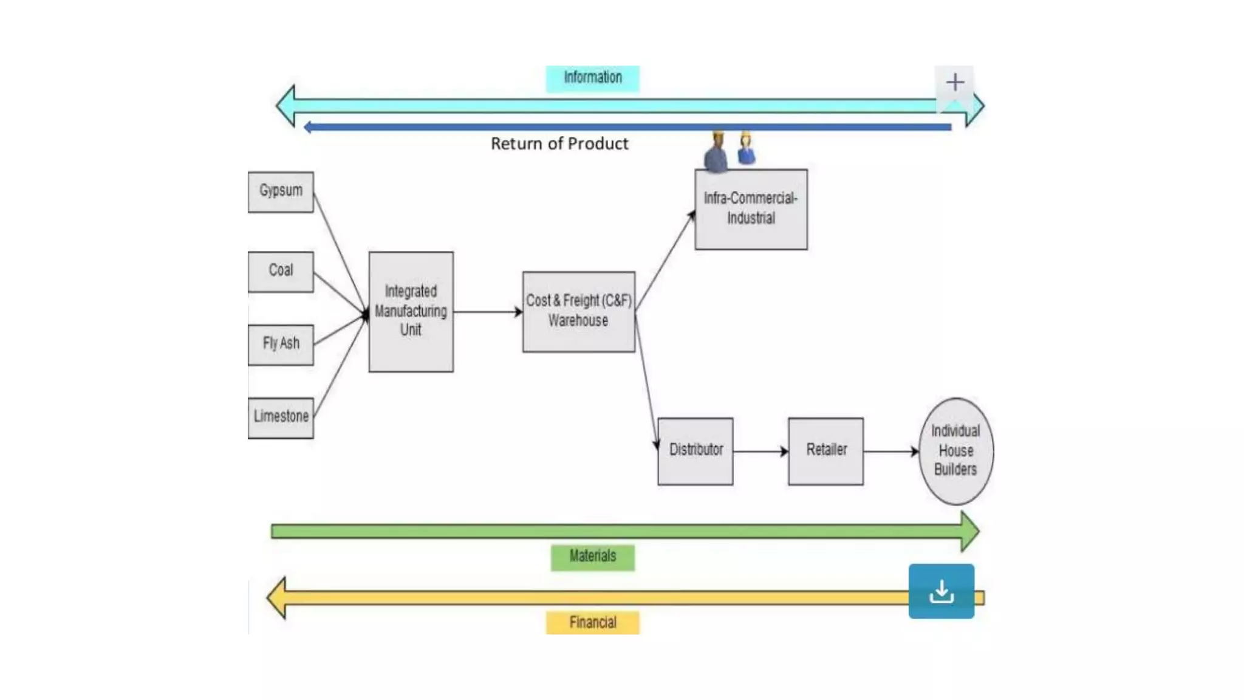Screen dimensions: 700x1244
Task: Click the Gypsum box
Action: click(281, 192)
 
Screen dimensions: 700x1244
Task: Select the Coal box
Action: click(281, 272)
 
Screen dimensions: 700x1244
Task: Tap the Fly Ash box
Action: click(281, 345)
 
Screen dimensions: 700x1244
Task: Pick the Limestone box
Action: click(281, 417)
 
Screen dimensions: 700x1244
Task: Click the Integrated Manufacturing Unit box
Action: click(411, 311)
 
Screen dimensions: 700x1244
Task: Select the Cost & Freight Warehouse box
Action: click(578, 311)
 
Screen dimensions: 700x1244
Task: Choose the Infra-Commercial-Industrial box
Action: click(751, 209)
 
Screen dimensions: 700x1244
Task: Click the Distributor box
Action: click(695, 451)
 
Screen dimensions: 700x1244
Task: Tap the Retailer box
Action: click(825, 451)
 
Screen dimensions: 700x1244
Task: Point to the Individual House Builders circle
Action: click(955, 451)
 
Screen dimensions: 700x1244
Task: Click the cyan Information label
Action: click(592, 78)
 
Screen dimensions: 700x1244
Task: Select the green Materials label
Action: click(592, 557)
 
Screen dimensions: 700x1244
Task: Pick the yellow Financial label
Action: click(592, 623)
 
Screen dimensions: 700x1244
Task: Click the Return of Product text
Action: click(559, 144)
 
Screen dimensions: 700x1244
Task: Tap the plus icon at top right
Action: click(954, 83)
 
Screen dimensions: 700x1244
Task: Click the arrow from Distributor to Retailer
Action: click(760, 451)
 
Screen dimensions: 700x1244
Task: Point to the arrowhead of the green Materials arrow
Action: click(969, 532)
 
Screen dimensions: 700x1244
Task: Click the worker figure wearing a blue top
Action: click(746, 149)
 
